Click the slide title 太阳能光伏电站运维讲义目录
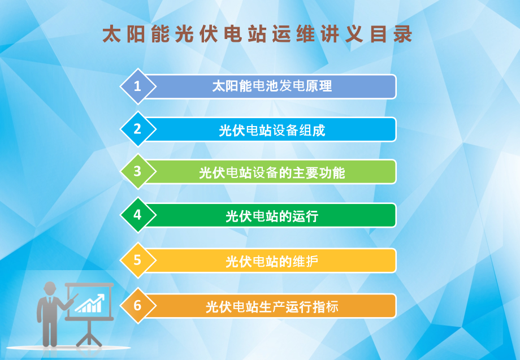(x=257, y=34)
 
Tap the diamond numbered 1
(x=137, y=86)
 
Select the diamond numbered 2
(x=137, y=129)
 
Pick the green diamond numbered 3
(x=137, y=171)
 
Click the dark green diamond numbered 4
(x=137, y=215)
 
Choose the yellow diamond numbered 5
(x=137, y=260)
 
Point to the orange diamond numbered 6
(x=137, y=306)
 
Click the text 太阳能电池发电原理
(x=271, y=86)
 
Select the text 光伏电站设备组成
(x=271, y=131)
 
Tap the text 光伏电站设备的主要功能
(x=271, y=173)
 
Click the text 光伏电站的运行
(x=271, y=216)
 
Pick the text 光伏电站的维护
(x=271, y=262)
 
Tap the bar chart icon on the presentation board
(x=91, y=303)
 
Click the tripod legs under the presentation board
(x=89, y=334)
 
